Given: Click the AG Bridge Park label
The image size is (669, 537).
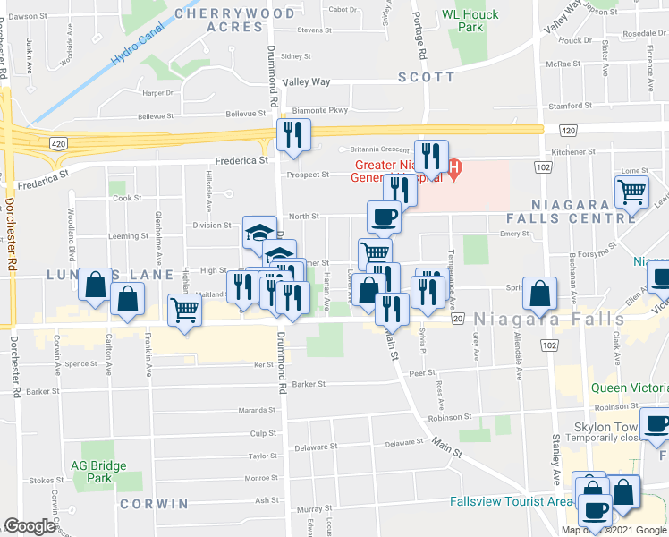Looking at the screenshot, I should (x=98, y=471).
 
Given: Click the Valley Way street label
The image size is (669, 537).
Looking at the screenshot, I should (x=307, y=81).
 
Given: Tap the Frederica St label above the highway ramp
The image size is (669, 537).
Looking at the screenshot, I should (x=241, y=161).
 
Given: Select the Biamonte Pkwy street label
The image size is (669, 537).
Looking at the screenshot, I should (x=319, y=111).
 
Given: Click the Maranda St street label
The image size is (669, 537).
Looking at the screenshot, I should (x=257, y=411).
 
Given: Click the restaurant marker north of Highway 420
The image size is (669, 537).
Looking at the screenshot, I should (x=293, y=135).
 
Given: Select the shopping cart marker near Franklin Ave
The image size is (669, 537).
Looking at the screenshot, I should (x=185, y=311).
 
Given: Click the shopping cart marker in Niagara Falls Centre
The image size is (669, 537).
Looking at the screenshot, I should (x=632, y=192).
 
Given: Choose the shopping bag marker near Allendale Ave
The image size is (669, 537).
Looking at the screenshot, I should (x=541, y=292).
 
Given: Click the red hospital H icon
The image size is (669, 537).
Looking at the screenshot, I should (x=454, y=167).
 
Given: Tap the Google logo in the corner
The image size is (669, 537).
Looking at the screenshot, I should (x=30, y=526).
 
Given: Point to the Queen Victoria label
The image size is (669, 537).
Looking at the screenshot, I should (x=629, y=388).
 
